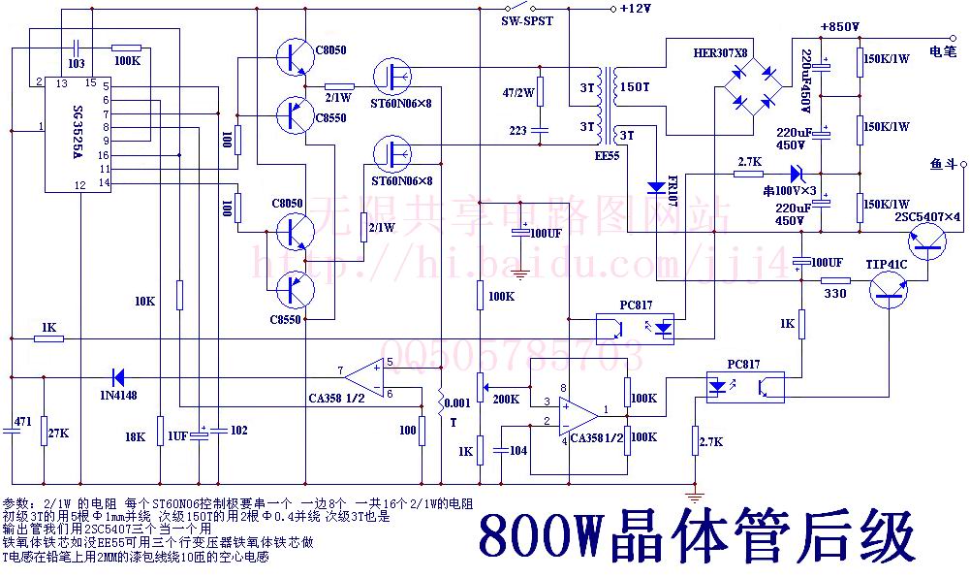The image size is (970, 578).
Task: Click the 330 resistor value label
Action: click(x=834, y=294)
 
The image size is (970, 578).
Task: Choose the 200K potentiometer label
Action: click(x=506, y=398)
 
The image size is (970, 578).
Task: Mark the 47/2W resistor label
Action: click(x=518, y=93)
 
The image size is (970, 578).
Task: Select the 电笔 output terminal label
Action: click(x=944, y=49)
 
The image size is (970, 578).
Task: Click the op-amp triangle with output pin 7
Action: click(x=364, y=375)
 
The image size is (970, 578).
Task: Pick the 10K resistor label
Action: click(x=144, y=302)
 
